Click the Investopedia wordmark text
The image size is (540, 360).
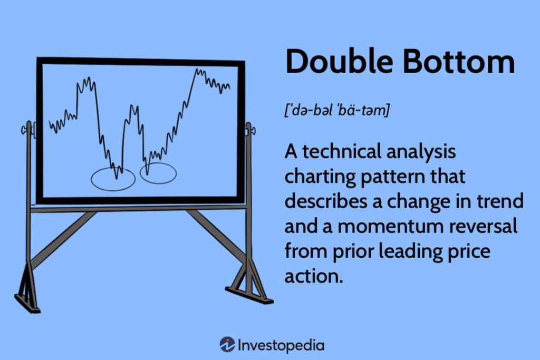[x=281, y=346]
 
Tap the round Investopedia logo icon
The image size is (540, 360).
[x=227, y=345]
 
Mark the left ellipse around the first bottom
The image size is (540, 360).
[x=113, y=179]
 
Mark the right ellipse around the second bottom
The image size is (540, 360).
[x=158, y=173]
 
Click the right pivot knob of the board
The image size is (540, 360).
[x=249, y=129]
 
